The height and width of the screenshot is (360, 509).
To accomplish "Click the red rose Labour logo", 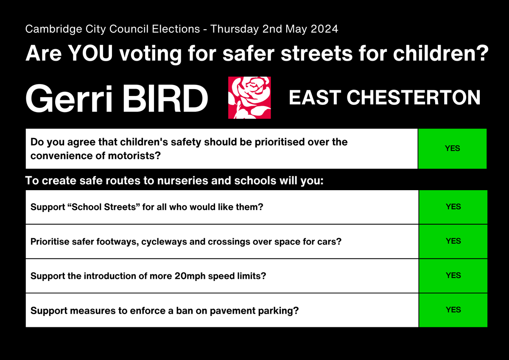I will (x=249, y=98).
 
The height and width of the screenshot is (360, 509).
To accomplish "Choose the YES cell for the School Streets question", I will (x=453, y=207).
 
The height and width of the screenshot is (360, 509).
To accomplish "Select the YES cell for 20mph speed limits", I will (x=453, y=276).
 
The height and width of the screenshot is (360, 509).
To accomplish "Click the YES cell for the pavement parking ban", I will (x=453, y=310).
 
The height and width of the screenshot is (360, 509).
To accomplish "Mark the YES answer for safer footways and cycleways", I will (x=453, y=241).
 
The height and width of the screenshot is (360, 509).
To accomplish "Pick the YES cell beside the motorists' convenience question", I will (x=452, y=149).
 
